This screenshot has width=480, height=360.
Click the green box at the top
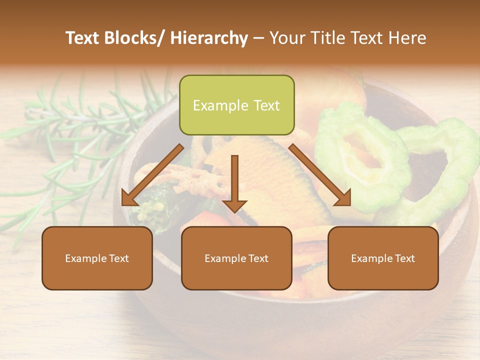pos(236,105)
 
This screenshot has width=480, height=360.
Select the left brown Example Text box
pos(97,258)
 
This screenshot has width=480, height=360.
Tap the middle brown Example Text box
pos(236,258)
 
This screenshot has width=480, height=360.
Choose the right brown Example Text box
pos(383,258)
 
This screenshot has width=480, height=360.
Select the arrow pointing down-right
pos(320,175)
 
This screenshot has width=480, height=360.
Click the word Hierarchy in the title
pos(209,38)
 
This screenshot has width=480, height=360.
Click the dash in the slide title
pos(258,38)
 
